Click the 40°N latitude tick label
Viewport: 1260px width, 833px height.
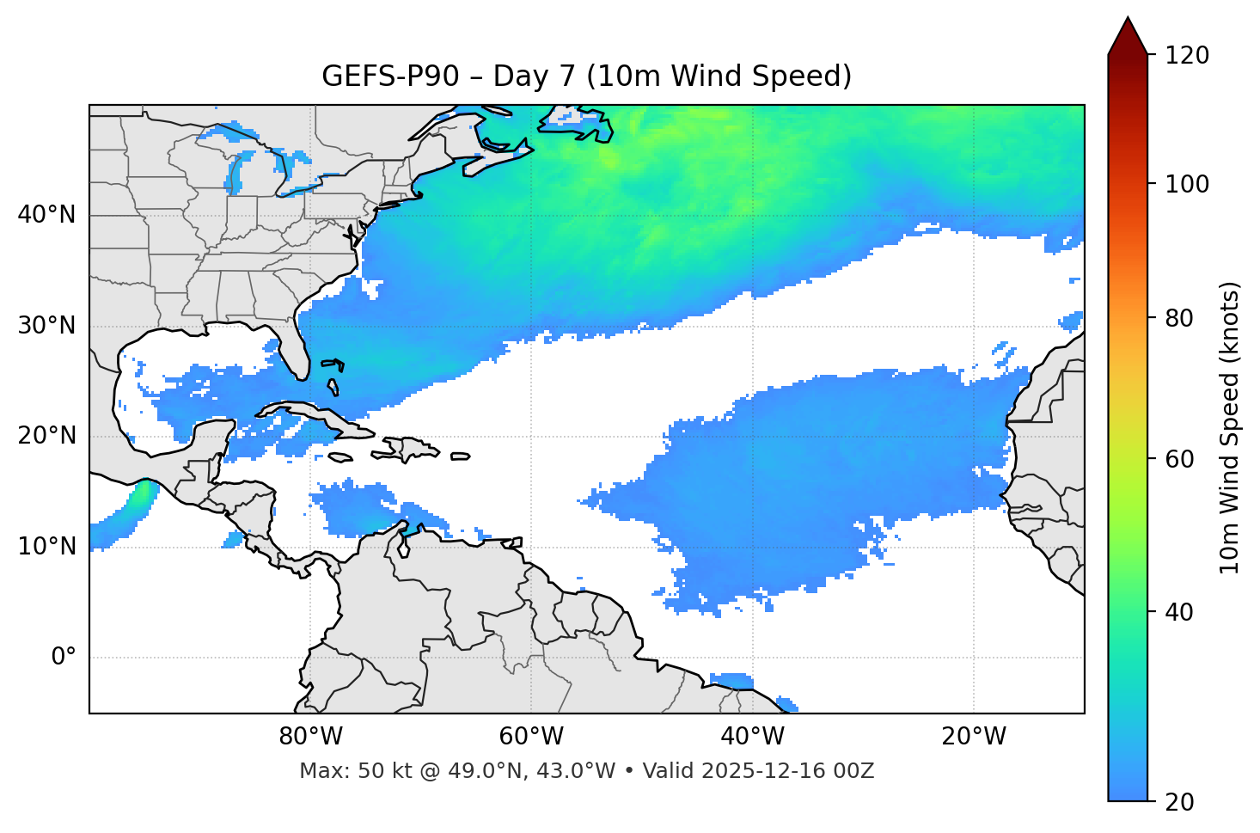46,215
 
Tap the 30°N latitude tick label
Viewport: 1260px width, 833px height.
46,326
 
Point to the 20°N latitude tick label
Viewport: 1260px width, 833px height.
46,436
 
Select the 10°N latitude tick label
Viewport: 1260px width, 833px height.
46,547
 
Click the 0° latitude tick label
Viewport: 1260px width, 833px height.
64,658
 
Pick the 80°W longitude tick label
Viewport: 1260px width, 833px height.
310,737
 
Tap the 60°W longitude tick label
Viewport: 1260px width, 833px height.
531,737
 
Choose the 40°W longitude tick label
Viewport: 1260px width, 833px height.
752,737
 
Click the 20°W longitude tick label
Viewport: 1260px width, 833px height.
973,737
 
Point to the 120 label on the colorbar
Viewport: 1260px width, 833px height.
1186,56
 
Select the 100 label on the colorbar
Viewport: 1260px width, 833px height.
1186,184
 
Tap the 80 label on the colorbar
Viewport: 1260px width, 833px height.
1179,318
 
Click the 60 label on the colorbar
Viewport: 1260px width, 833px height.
1179,459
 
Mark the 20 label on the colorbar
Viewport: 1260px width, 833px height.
1179,801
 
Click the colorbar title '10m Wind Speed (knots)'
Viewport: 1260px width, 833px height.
1230,427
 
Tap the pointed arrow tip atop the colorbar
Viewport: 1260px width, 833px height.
1128,19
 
